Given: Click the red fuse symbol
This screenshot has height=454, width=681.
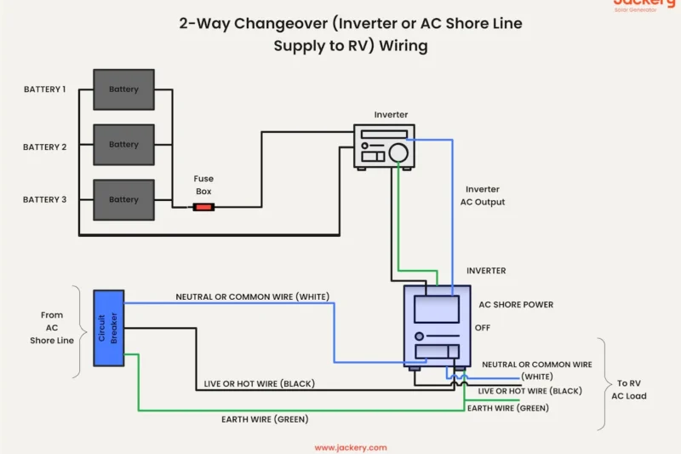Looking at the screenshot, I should pos(203,206).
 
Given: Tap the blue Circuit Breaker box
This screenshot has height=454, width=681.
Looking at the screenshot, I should pos(108,328).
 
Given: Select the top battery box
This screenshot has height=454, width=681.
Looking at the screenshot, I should pos(123,89).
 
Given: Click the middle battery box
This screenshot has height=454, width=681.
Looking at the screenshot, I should pos(123,145).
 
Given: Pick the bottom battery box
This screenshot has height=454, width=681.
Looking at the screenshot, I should pos(123,199).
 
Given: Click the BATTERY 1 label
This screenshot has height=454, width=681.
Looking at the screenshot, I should pos(44,89).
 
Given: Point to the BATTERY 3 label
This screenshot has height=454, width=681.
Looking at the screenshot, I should pos(44,199).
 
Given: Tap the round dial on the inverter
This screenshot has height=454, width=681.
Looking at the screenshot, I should pos(398,152).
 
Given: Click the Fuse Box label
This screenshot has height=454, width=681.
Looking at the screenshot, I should pos(203,185).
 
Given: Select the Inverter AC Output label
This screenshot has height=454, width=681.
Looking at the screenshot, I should pos(482,196).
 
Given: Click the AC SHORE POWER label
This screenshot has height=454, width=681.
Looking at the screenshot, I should pos(516,305).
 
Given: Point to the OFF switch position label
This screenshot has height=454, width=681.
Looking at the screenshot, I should pos(483,327).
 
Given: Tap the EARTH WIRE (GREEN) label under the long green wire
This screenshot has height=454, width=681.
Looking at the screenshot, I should pos(265,419).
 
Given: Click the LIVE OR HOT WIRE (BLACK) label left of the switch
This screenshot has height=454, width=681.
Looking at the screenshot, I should pos(259,384).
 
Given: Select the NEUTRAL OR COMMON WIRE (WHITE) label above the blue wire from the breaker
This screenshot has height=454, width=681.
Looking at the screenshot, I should pos(252,296).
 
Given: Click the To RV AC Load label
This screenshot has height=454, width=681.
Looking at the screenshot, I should pos(629,389).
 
